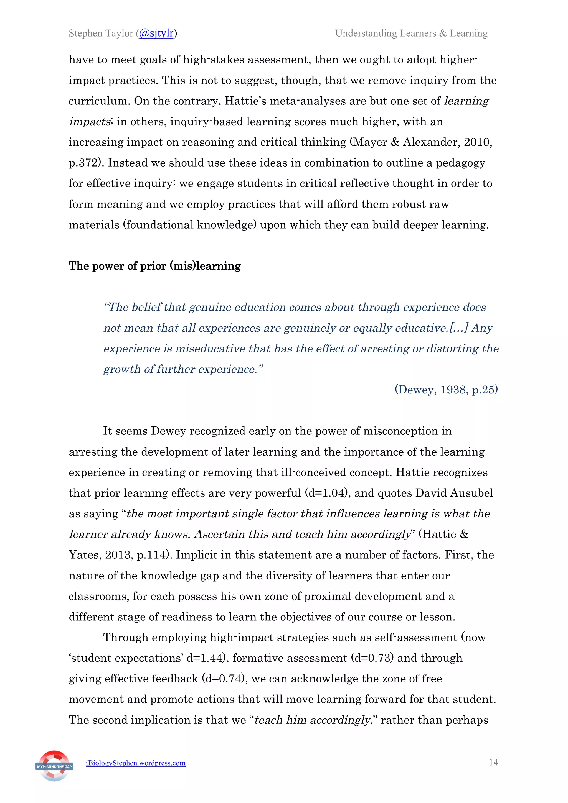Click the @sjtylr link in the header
tap(156, 33)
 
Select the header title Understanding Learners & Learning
tap(411, 33)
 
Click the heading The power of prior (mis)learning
tap(155, 266)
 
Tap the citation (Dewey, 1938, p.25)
tap(446, 390)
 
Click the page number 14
tap(493, 763)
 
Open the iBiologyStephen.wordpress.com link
tap(136, 763)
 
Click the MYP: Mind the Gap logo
tap(54, 766)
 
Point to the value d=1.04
tap(328, 493)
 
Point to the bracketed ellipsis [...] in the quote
tap(458, 328)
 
